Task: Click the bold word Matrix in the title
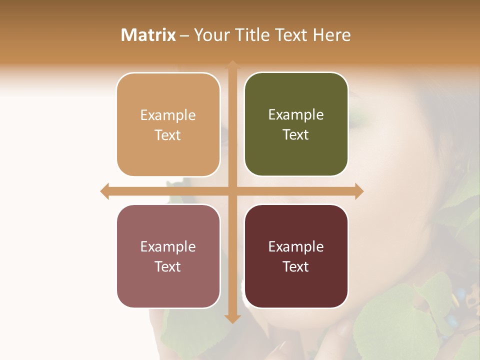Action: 148,35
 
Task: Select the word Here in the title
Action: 331,35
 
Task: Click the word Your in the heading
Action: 211,35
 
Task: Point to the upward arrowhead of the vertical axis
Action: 232,64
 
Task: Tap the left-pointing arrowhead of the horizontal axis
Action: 104,191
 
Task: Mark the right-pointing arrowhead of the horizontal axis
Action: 359,191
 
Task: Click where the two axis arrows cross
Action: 232,191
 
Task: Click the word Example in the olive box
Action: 296,114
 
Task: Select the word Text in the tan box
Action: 168,135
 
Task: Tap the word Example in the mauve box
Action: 168,246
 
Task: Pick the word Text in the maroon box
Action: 296,266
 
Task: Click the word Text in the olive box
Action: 296,134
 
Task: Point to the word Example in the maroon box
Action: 296,246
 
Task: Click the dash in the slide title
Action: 185,35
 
